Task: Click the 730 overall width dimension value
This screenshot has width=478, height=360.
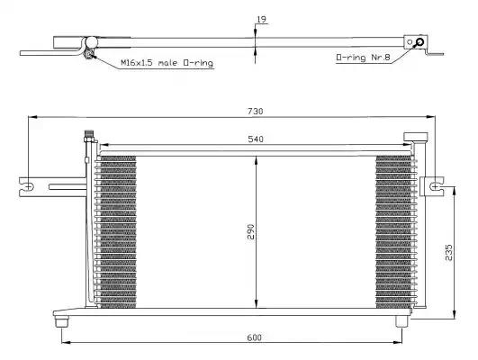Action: tap(255, 112)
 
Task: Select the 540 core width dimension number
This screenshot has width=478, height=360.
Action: tap(256, 139)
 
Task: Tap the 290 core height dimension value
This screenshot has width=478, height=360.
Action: tap(250, 231)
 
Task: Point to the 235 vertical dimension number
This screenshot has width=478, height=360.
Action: tap(449, 252)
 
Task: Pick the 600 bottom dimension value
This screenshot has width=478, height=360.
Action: tap(255, 337)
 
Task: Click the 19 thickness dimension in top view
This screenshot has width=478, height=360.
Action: tap(262, 20)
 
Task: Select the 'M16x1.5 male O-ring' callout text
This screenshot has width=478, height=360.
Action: tap(167, 63)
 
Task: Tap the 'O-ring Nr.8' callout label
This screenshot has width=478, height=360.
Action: tap(363, 58)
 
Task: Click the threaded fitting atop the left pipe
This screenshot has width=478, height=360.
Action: tap(90, 136)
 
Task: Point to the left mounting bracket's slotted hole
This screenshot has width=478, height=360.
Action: tap(28, 186)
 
